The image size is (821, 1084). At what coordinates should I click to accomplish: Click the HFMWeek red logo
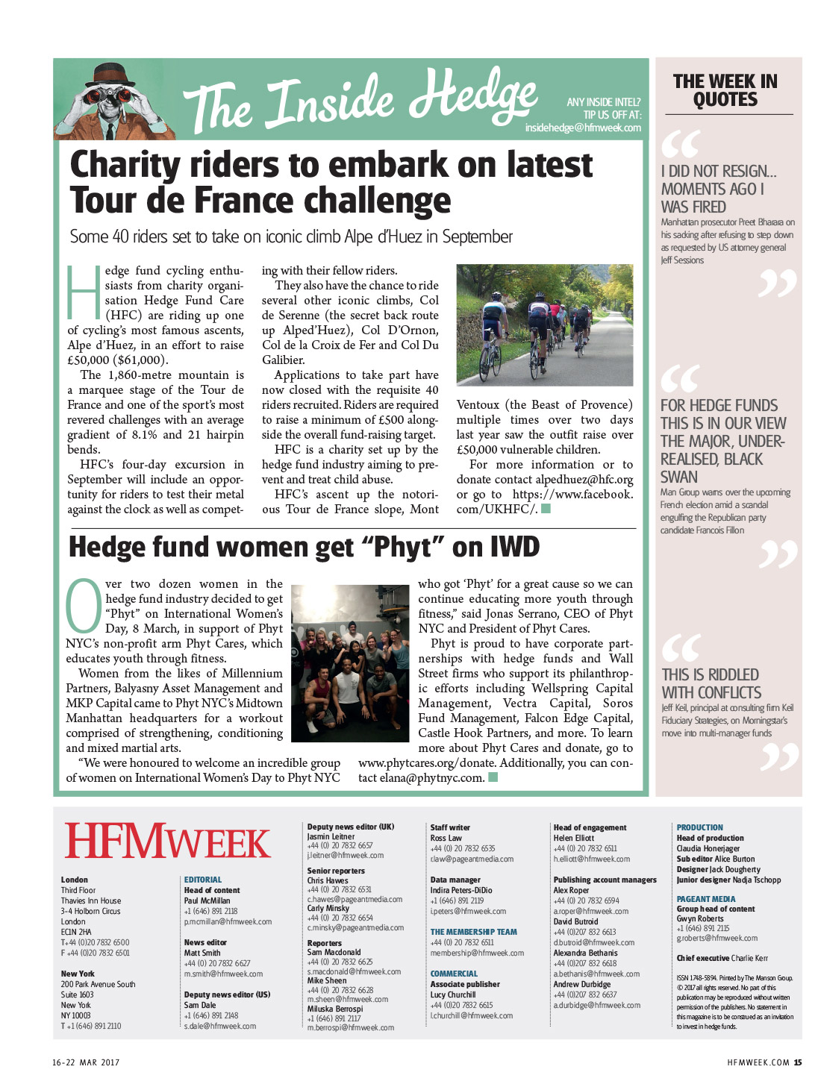pyautogui.click(x=167, y=841)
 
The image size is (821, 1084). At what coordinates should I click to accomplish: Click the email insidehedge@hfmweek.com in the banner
pyautogui.click(x=582, y=128)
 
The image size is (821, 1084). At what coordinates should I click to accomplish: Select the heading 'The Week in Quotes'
pyautogui.click(x=725, y=90)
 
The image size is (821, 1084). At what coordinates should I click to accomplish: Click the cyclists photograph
pyautogui.click(x=544, y=325)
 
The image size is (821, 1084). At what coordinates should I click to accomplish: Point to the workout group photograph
pyautogui.click(x=350, y=662)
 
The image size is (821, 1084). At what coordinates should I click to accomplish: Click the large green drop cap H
pyautogui.click(x=83, y=289)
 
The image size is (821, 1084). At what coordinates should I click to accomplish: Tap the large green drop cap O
pyautogui.click(x=84, y=604)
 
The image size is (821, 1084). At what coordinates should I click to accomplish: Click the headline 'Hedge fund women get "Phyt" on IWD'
pyautogui.click(x=304, y=548)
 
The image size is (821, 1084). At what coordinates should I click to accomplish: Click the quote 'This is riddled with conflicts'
pyautogui.click(x=711, y=683)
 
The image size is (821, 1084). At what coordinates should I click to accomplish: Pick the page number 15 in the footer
pyautogui.click(x=798, y=1062)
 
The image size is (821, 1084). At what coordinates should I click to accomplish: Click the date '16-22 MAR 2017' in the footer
pyautogui.click(x=86, y=1062)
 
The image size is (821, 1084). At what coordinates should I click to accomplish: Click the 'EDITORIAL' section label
pyautogui.click(x=203, y=880)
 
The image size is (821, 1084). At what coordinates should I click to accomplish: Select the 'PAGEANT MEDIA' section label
pyautogui.click(x=705, y=899)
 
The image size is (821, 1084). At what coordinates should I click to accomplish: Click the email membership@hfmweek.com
pyautogui.click(x=477, y=953)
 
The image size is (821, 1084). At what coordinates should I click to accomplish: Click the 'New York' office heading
pyautogui.click(x=78, y=974)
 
